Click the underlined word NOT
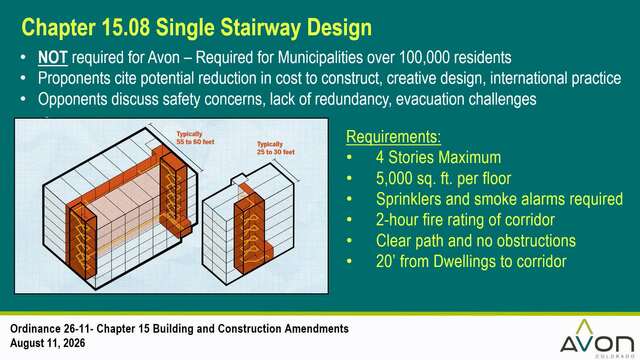point(53,58)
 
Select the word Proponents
point(74,78)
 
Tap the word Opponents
point(73,99)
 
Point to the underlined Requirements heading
point(393,137)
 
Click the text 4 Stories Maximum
point(438,157)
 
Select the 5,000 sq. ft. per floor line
point(443,178)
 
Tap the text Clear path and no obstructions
point(476,241)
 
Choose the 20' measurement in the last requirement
point(385,262)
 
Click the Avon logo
point(597,338)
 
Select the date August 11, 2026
point(48,343)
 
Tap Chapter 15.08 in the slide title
point(86,28)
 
